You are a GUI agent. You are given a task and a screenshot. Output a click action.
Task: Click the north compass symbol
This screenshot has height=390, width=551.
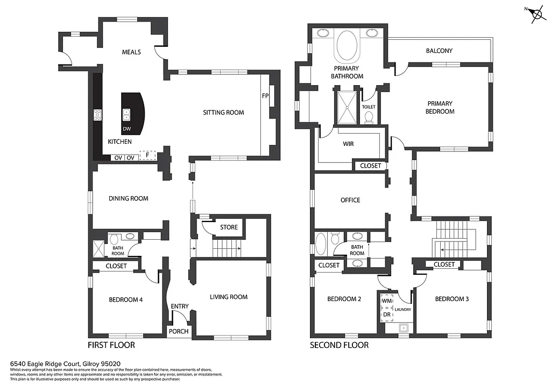(x=536, y=15)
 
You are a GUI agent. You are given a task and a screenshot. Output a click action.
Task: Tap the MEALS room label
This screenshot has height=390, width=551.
(x=131, y=52)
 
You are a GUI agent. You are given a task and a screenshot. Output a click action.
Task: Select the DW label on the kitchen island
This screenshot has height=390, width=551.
(x=126, y=129)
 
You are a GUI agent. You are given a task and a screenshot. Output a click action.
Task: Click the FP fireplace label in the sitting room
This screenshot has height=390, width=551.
(x=265, y=96)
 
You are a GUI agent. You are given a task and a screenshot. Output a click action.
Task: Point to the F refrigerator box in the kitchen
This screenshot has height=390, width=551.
(x=147, y=156)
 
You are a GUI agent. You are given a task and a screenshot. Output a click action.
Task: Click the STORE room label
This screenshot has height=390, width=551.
(x=229, y=227)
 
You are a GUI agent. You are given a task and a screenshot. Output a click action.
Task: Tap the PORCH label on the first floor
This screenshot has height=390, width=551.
(x=179, y=331)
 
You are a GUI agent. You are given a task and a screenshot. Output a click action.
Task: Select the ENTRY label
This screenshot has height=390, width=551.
(x=180, y=307)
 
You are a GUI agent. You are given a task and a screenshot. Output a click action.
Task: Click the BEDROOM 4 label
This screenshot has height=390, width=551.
(x=125, y=300)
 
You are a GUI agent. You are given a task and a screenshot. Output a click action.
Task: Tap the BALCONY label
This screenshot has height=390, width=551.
(x=439, y=51)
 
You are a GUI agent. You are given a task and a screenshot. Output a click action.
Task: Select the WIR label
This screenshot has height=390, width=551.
(x=348, y=144)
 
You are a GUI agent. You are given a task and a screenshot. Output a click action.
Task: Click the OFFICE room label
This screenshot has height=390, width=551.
(x=350, y=200)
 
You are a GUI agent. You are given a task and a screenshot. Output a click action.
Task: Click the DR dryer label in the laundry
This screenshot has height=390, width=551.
(x=386, y=315)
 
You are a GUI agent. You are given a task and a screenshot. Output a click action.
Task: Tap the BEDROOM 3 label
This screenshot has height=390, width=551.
(x=451, y=299)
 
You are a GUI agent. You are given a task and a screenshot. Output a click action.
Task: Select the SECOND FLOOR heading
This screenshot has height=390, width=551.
(x=339, y=345)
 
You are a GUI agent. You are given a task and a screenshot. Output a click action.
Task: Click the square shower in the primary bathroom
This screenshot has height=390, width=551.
(x=347, y=107)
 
